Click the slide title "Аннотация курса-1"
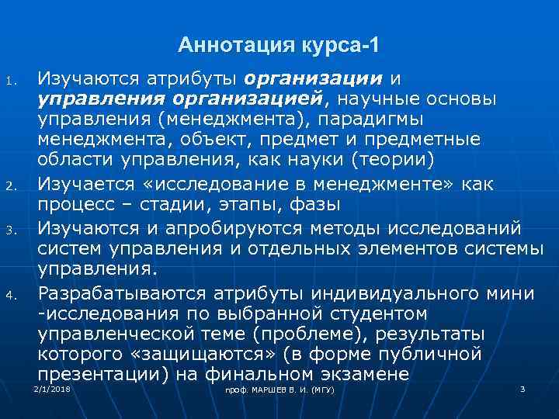coord(279,45)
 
